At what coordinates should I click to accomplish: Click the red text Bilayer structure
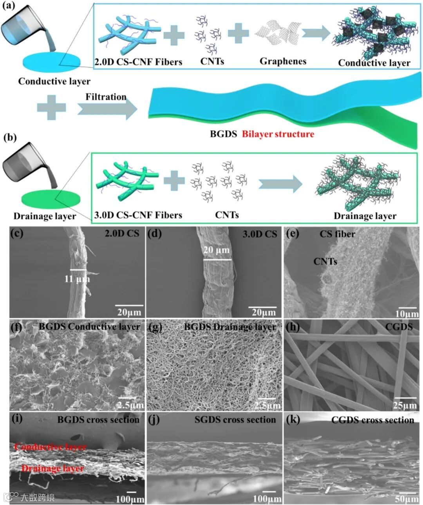tap(278, 134)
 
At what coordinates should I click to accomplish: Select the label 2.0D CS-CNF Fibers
tap(138, 62)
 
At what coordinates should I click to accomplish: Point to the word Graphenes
tap(283, 61)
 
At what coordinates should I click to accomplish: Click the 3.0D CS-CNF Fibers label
tap(138, 215)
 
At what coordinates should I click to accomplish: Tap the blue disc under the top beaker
tap(52, 62)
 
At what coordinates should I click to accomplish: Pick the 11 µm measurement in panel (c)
tap(77, 279)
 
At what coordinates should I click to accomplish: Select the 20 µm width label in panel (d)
tap(217, 250)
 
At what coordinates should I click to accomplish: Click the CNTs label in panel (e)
tap(325, 261)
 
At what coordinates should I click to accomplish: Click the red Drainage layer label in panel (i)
tap(52, 468)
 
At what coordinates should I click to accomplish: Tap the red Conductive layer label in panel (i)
tap(50, 447)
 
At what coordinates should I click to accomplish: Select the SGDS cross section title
tap(235, 420)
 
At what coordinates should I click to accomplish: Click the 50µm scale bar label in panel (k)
tap(406, 498)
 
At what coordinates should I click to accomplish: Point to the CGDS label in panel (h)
tap(399, 326)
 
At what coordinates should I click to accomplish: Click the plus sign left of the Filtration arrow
tap(51, 108)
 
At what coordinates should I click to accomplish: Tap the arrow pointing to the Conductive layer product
tap(316, 34)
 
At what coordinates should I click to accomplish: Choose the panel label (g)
tap(155, 327)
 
